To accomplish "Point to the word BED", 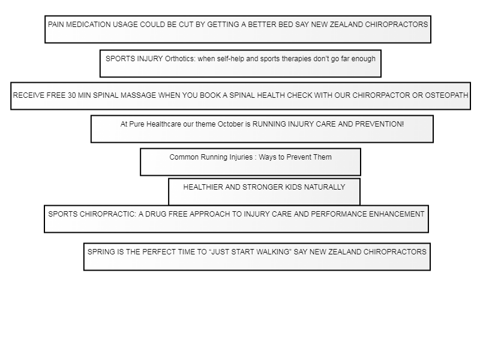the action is point(286,25).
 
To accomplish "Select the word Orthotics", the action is point(180,58).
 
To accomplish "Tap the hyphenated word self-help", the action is point(230,58).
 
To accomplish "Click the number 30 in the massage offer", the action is point(71,95).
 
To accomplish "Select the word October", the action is point(230,124).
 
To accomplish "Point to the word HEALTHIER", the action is point(203,187).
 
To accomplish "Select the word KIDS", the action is point(293,187).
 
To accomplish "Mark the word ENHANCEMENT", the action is point(397,214).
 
